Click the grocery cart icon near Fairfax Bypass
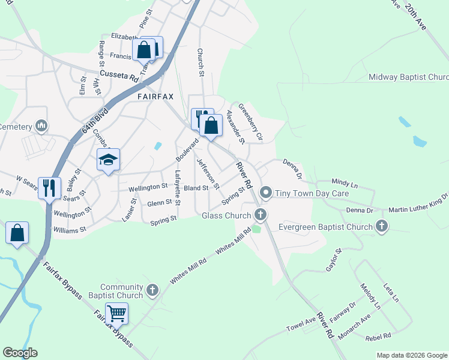coord(116,313)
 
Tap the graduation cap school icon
coord(108,160)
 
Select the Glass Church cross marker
coord(260,214)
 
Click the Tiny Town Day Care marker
coord(265,194)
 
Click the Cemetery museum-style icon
coord(41,126)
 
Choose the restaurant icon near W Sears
coord(49,188)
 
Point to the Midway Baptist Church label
coord(408,77)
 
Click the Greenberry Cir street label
coord(251,122)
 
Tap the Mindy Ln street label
coord(344,181)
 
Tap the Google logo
coord(20,353)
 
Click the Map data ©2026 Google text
coord(411,355)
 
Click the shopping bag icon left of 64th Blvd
coord(17,234)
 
